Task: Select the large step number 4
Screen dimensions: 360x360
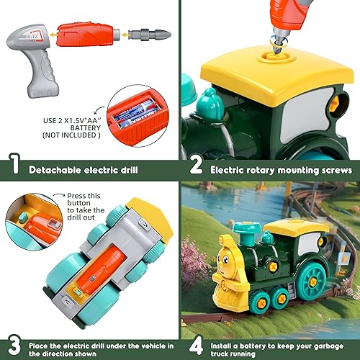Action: (x=195, y=344)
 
